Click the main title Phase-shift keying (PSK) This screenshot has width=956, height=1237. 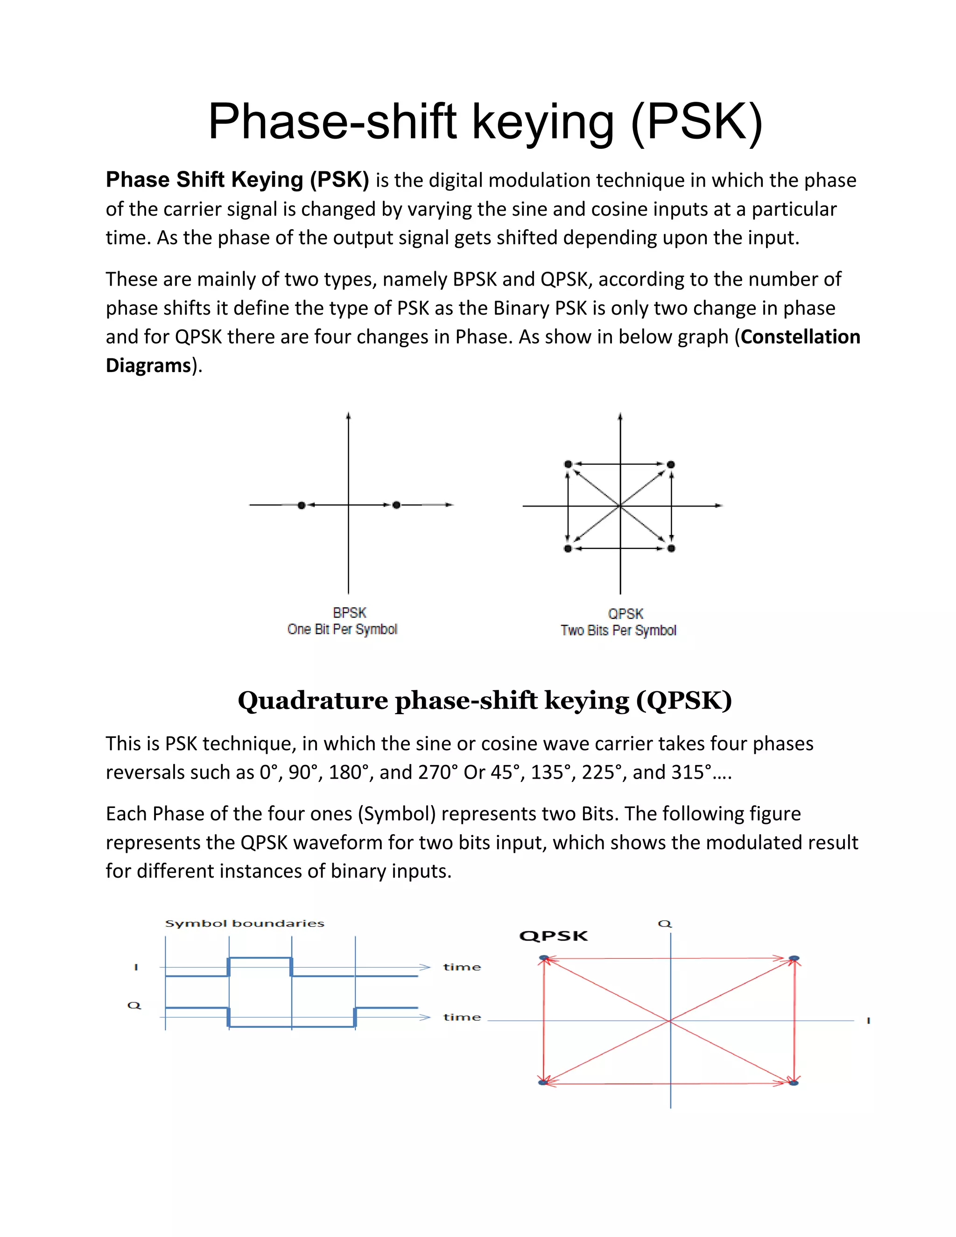pyautogui.click(x=485, y=121)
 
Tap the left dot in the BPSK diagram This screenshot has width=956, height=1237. pyautogui.click(x=301, y=505)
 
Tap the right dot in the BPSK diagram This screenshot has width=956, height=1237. pyautogui.click(x=396, y=505)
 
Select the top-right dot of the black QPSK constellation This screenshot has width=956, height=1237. pyautogui.click(x=671, y=464)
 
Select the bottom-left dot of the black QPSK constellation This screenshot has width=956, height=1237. pyautogui.click(x=568, y=548)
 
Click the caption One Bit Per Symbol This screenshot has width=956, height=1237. pyautogui.click(x=342, y=629)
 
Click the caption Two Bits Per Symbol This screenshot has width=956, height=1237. pyautogui.click(x=619, y=630)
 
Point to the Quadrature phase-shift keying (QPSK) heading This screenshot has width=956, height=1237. pyautogui.click(x=485, y=701)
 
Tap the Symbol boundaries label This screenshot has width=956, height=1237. pyautogui.click(x=245, y=924)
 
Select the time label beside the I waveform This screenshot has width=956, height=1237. pyautogui.click(x=462, y=967)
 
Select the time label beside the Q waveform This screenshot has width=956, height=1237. pyautogui.click(x=462, y=1018)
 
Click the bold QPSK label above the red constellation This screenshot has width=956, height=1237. pyautogui.click(x=553, y=936)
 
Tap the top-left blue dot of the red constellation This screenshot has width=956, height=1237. pyautogui.click(x=544, y=958)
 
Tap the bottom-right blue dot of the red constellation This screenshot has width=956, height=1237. pyautogui.click(x=794, y=1083)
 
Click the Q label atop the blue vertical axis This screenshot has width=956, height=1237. pyautogui.click(x=665, y=924)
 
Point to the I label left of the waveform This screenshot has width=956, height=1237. pyautogui.click(x=136, y=967)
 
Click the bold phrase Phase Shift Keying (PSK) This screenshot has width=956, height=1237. pyautogui.click(x=237, y=180)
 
